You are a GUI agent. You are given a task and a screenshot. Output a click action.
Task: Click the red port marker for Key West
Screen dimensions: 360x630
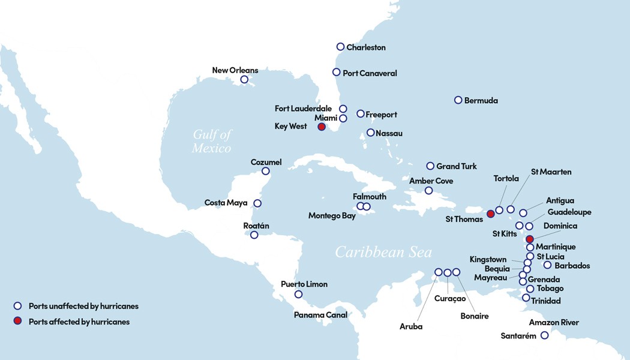coord(322,127)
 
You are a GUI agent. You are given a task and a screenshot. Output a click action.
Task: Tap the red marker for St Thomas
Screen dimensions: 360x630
coord(490,214)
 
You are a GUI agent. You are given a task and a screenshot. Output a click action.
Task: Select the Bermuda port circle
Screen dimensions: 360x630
coord(458,100)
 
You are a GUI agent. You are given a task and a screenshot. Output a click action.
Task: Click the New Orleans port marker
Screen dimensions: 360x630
coord(244,79)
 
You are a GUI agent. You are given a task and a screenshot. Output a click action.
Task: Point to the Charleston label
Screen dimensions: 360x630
coord(366,47)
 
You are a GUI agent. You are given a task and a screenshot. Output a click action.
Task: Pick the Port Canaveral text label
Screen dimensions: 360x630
coord(370,73)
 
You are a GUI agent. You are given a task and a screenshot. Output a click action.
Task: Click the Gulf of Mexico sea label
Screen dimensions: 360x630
coord(212,142)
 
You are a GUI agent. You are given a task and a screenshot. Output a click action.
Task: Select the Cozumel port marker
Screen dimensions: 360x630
coord(266,171)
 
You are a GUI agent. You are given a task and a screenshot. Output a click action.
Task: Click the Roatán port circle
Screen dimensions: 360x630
coord(254,235)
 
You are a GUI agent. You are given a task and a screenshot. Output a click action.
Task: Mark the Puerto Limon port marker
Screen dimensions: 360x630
coord(298,294)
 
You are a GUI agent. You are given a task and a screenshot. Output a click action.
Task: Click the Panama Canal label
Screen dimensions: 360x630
coord(320,314)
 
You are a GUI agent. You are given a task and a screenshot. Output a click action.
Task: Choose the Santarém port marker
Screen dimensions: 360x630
coord(544,335)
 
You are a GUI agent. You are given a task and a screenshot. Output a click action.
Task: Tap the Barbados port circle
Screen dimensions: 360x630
coord(547,265)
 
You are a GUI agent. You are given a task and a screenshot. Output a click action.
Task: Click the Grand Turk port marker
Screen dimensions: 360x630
coord(430,166)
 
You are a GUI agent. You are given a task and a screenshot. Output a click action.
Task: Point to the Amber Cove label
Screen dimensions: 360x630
coord(431,181)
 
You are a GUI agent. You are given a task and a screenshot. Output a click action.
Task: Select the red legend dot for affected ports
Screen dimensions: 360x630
coord(18,322)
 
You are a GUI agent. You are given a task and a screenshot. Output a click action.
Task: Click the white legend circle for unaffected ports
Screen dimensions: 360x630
coord(18,306)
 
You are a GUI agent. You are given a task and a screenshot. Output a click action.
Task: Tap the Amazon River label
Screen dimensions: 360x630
coord(554,323)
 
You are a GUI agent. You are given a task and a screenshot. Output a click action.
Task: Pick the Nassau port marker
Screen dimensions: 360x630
coord(370,133)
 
